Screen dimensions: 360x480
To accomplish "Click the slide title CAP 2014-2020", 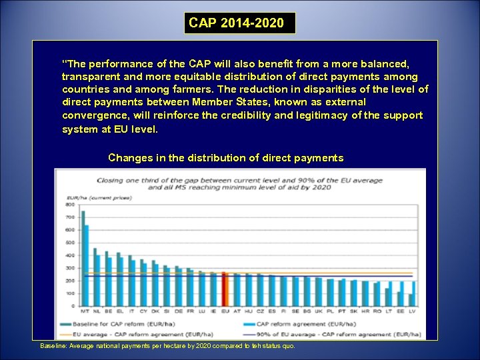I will click(237, 23).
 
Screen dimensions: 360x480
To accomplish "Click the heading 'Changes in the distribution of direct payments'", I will click(225, 158).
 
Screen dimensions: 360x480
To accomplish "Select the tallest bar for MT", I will click(83, 257).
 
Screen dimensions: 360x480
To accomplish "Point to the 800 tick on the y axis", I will click(70, 204).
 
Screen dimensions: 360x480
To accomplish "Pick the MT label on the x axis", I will click(85, 311).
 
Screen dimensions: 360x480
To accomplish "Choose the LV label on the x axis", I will click(412, 311).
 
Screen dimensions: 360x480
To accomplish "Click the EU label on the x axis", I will click(225, 311).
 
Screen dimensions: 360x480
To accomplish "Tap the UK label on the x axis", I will click(319, 311).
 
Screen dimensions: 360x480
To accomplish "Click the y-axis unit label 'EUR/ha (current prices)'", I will click(89, 198).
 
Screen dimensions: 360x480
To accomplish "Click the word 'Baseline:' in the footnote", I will click(53, 346).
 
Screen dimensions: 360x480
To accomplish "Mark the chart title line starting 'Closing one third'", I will click(240, 181).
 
